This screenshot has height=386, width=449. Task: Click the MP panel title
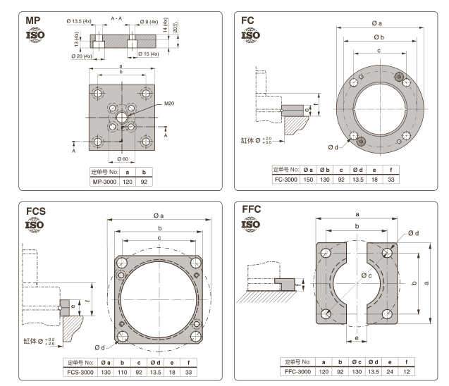(33, 21)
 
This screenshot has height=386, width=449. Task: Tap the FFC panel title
(255, 211)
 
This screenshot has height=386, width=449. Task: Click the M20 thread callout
(168, 103)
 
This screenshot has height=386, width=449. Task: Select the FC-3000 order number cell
(286, 180)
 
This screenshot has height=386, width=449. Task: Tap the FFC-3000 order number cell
(297, 371)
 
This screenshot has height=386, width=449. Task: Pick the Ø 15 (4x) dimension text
(148, 54)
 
